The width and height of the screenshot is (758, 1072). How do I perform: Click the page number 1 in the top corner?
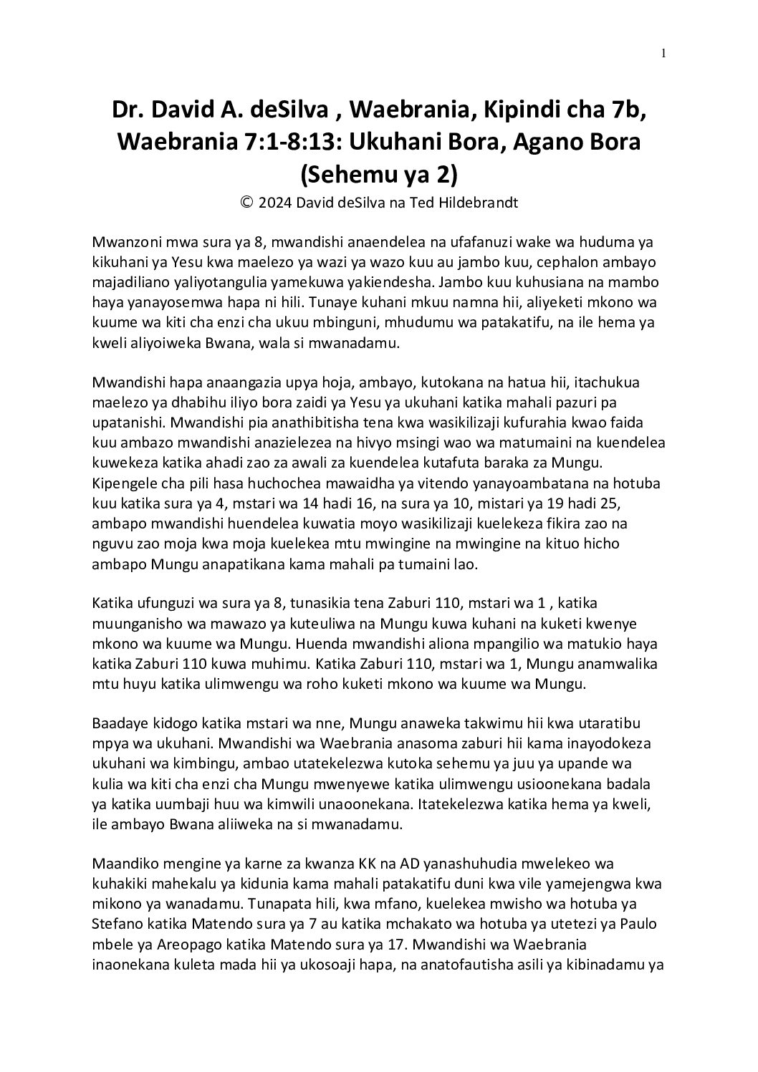pyautogui.click(x=663, y=53)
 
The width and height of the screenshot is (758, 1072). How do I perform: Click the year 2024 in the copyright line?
pyautogui.click(x=274, y=203)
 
